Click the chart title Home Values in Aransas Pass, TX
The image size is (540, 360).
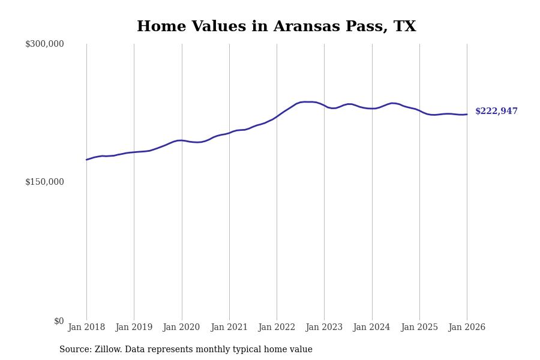click(276, 27)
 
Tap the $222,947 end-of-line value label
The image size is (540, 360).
click(496, 112)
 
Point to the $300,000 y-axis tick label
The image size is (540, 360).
click(44, 44)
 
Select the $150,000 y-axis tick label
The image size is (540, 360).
click(44, 182)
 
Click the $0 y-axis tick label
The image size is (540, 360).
click(59, 321)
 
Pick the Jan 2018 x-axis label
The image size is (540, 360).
click(86, 328)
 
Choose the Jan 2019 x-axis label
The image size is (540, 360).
click(134, 328)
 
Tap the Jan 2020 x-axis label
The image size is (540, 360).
click(181, 328)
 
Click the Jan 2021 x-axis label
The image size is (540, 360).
click(229, 328)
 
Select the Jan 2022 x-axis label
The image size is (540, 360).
click(277, 328)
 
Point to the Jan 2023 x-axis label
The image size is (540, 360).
click(324, 328)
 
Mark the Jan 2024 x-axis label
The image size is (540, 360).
click(371, 328)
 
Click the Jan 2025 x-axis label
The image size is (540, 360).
click(419, 328)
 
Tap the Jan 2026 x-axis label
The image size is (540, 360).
click(467, 328)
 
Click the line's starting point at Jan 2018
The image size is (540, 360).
click(86, 160)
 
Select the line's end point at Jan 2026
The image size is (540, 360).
click(467, 114)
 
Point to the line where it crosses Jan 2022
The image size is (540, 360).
click(277, 116)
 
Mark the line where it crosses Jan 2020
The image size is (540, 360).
click(182, 140)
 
